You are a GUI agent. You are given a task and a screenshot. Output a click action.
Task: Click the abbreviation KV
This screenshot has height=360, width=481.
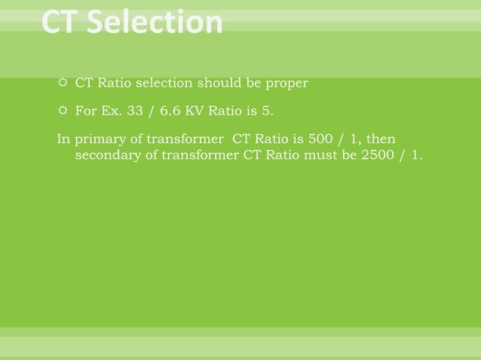pyautogui.click(x=189, y=112)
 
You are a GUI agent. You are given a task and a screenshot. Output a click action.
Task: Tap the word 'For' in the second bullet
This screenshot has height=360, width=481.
pyautogui.click(x=84, y=112)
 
